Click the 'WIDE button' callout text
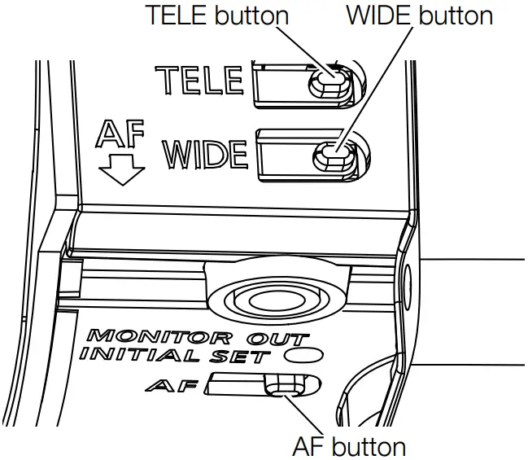pos(419,16)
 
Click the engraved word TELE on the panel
pos(200,80)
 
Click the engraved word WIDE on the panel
pos(209,153)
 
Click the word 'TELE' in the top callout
pos(172,16)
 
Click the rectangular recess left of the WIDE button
pos(285,152)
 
